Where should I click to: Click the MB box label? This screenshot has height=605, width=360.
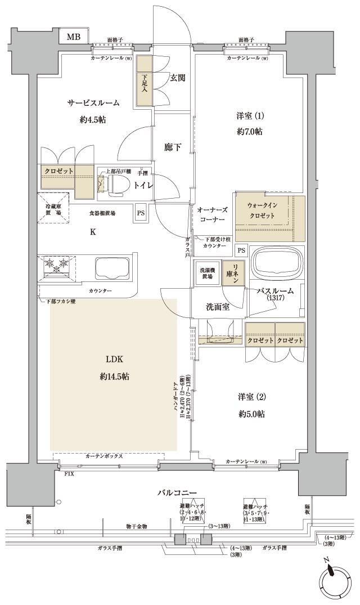pos(74,37)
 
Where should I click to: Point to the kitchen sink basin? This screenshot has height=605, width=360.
pos(112,270)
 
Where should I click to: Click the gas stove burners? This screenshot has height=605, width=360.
pos(53,266)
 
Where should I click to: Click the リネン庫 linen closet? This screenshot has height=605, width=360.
pos(233,275)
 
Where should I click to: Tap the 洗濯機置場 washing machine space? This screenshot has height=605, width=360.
pos(207,274)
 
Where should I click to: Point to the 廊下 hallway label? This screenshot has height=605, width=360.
pos(173,147)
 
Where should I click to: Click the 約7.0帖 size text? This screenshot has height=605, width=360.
pos(249,132)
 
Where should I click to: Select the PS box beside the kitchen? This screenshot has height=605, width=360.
pos(139,213)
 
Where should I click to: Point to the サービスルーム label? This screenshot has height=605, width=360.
pos(93,103)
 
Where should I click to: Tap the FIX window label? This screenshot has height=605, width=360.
pos(69,474)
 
